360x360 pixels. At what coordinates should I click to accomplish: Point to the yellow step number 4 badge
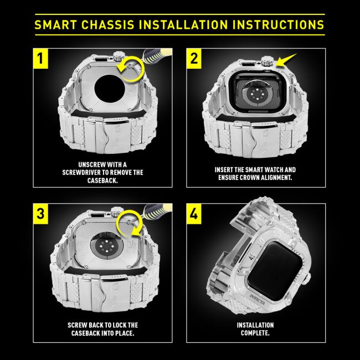[x=193, y=212]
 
